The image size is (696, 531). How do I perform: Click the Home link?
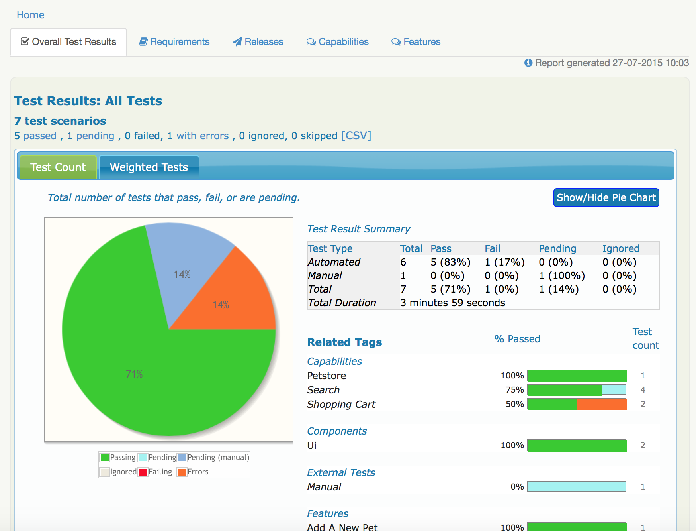[x=30, y=15]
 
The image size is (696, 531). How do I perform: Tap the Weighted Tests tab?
[x=149, y=167]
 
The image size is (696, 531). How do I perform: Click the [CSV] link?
[x=356, y=136]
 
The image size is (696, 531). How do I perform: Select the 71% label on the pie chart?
[x=134, y=374]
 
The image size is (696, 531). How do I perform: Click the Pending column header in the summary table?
[x=557, y=249]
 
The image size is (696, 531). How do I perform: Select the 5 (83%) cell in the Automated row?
[x=450, y=262]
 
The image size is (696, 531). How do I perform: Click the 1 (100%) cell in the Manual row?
[x=561, y=276]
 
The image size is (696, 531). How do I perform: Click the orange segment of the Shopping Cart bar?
[x=602, y=404]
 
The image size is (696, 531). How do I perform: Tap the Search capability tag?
[x=323, y=390]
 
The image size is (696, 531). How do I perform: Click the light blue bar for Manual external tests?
[x=576, y=486]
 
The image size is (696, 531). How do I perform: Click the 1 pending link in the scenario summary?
[x=91, y=136]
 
